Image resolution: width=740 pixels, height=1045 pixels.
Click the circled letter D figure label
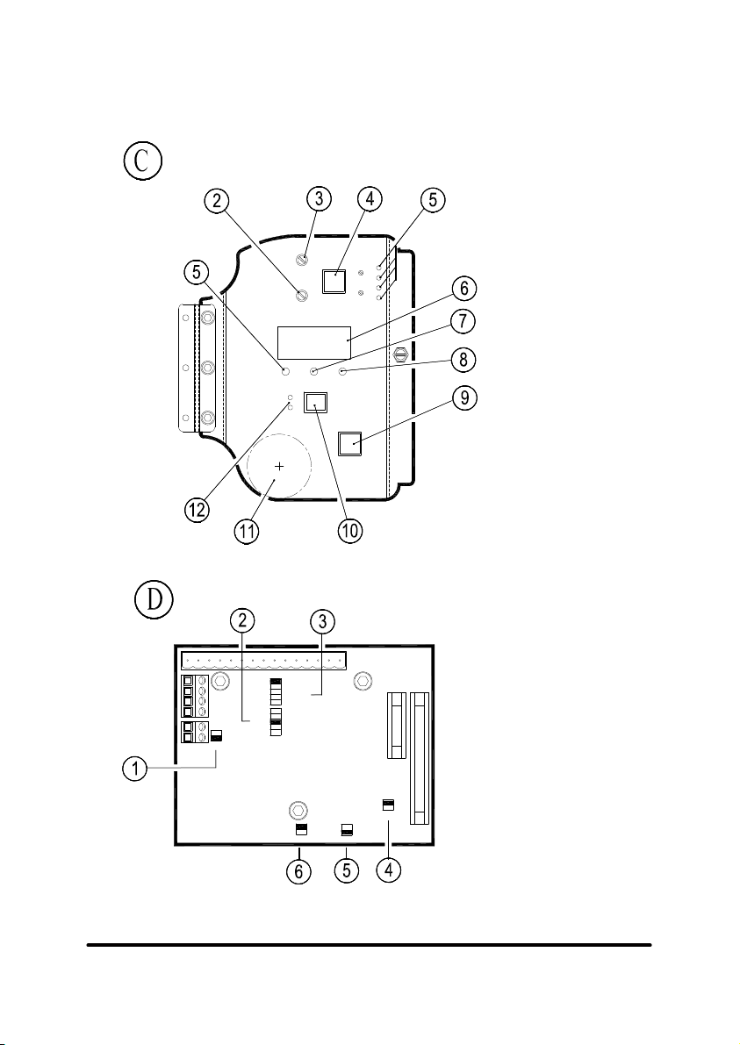[x=154, y=599]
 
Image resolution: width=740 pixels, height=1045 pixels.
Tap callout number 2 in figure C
[x=217, y=201]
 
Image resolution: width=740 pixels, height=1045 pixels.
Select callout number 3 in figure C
[x=320, y=198]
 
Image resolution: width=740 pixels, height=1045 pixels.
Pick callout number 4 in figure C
[x=370, y=198]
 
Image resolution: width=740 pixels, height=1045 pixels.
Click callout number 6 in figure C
[x=464, y=290]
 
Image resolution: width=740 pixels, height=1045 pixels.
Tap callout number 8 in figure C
[x=464, y=360]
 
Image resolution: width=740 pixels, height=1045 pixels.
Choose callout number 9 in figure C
[x=464, y=397]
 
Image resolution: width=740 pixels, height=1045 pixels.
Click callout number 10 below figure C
[x=349, y=531]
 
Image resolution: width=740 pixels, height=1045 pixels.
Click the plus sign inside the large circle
[x=279, y=467]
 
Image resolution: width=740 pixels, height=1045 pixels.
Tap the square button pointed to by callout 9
[x=350, y=443]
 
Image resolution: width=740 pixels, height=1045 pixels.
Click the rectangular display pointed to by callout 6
[x=314, y=343]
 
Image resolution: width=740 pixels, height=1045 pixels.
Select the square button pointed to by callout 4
[x=334, y=282]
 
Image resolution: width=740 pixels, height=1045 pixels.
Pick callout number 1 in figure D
[x=134, y=769]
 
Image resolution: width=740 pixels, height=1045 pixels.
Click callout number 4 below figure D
[x=389, y=870]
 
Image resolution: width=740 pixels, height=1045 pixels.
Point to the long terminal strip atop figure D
[x=264, y=661]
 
